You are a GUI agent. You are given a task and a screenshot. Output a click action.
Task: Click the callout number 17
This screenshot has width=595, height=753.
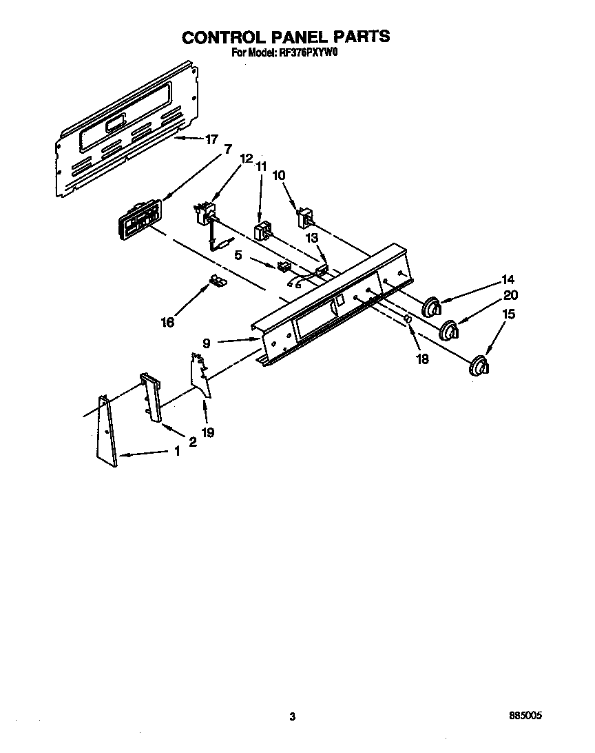tap(211, 139)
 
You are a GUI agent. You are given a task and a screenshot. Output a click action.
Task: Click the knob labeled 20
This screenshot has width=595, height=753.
tap(450, 330)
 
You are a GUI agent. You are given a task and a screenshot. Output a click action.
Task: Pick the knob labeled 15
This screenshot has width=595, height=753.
tap(479, 366)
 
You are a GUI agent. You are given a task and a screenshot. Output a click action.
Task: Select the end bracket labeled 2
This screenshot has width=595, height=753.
tap(151, 396)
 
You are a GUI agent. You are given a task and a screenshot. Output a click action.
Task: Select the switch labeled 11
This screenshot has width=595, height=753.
tap(262, 231)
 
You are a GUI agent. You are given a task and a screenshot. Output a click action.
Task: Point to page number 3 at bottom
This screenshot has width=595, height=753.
tap(293, 717)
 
